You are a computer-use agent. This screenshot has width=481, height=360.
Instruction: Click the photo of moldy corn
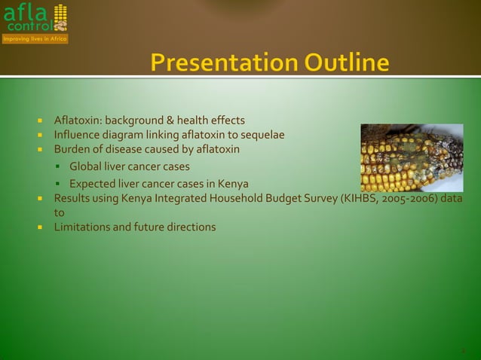(x=412, y=157)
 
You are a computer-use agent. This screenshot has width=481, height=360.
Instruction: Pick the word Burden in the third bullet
(x=72, y=149)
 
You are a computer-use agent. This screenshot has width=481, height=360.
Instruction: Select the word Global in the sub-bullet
(x=85, y=166)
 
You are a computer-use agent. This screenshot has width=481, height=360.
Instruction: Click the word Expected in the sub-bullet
(x=92, y=184)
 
